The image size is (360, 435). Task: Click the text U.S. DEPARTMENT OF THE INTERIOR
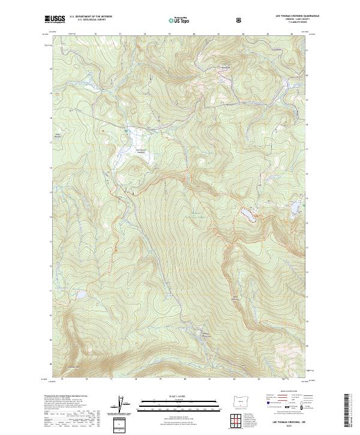[91, 16]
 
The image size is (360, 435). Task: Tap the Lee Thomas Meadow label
[142, 151]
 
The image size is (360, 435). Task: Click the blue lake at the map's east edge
[296, 207]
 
